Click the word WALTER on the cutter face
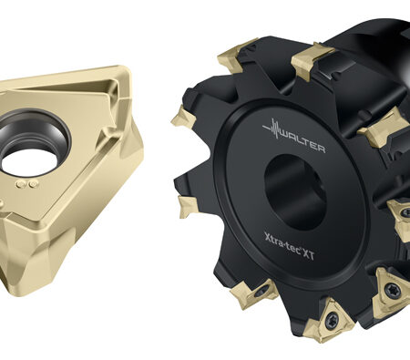[302, 142]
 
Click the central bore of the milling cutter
[294, 190]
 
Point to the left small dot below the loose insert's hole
[21, 184]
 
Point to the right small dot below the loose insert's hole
[32, 184]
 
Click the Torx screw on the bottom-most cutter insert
[332, 319]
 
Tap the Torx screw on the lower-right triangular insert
[390, 290]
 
